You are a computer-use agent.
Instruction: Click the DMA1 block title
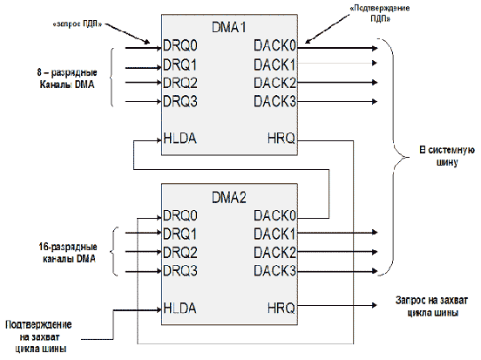tap(229, 27)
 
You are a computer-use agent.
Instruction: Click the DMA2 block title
tap(229, 197)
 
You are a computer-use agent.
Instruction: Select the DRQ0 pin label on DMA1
tap(180, 45)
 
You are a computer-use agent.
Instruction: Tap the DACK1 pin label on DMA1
tap(274, 65)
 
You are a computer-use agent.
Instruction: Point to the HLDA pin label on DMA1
tap(180, 138)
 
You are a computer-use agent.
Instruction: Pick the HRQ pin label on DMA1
tap(281, 138)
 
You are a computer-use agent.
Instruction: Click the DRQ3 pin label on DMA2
tap(180, 271)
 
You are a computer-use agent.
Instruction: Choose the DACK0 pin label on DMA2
tap(274, 215)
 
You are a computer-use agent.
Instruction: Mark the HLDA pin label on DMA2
tap(180, 308)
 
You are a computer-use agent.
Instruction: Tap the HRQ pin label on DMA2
tap(281, 308)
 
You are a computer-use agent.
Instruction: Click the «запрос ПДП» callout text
tap(78, 24)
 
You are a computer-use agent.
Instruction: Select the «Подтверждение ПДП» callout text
tap(380, 13)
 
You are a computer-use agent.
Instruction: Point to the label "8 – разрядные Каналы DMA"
tap(67, 78)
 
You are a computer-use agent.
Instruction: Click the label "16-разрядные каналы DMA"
tap(68, 253)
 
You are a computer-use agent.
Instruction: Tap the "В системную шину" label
tap(447, 156)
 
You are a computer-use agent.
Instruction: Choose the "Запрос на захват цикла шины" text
tap(432, 306)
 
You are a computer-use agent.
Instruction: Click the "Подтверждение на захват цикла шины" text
tap(39, 336)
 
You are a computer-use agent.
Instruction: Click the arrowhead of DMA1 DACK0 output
tap(375, 48)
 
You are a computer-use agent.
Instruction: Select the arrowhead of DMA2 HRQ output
tap(375, 305)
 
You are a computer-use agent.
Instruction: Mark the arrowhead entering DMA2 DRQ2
tap(159, 252)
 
